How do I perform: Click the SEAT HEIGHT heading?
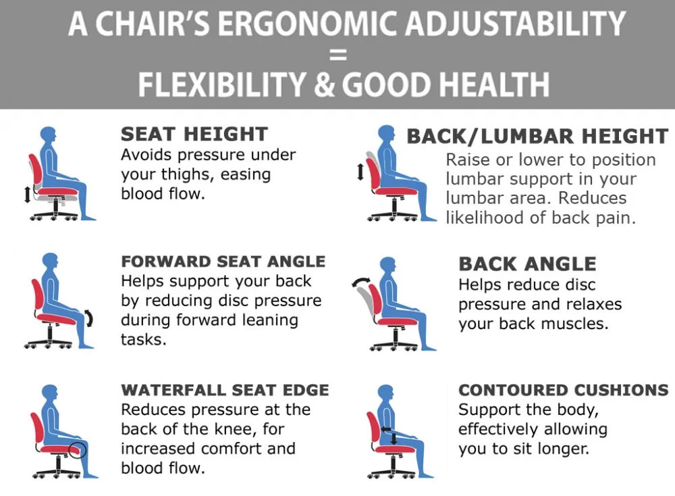(194, 134)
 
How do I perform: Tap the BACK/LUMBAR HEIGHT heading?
(538, 137)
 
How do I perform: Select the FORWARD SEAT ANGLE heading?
(223, 262)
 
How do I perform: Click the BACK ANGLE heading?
(527, 264)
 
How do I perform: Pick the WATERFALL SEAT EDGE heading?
(225, 390)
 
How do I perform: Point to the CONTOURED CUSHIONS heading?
(563, 390)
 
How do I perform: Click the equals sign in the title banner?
(338, 55)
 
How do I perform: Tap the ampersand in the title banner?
(324, 84)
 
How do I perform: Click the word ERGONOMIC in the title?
(307, 23)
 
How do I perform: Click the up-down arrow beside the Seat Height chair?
(28, 194)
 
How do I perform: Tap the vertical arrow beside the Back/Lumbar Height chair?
(360, 172)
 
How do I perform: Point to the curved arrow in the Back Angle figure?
(360, 281)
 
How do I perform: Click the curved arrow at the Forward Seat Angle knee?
(89, 318)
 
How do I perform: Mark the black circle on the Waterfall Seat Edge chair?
(78, 450)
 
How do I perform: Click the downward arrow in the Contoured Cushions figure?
(394, 439)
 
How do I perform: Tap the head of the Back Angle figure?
(388, 265)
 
